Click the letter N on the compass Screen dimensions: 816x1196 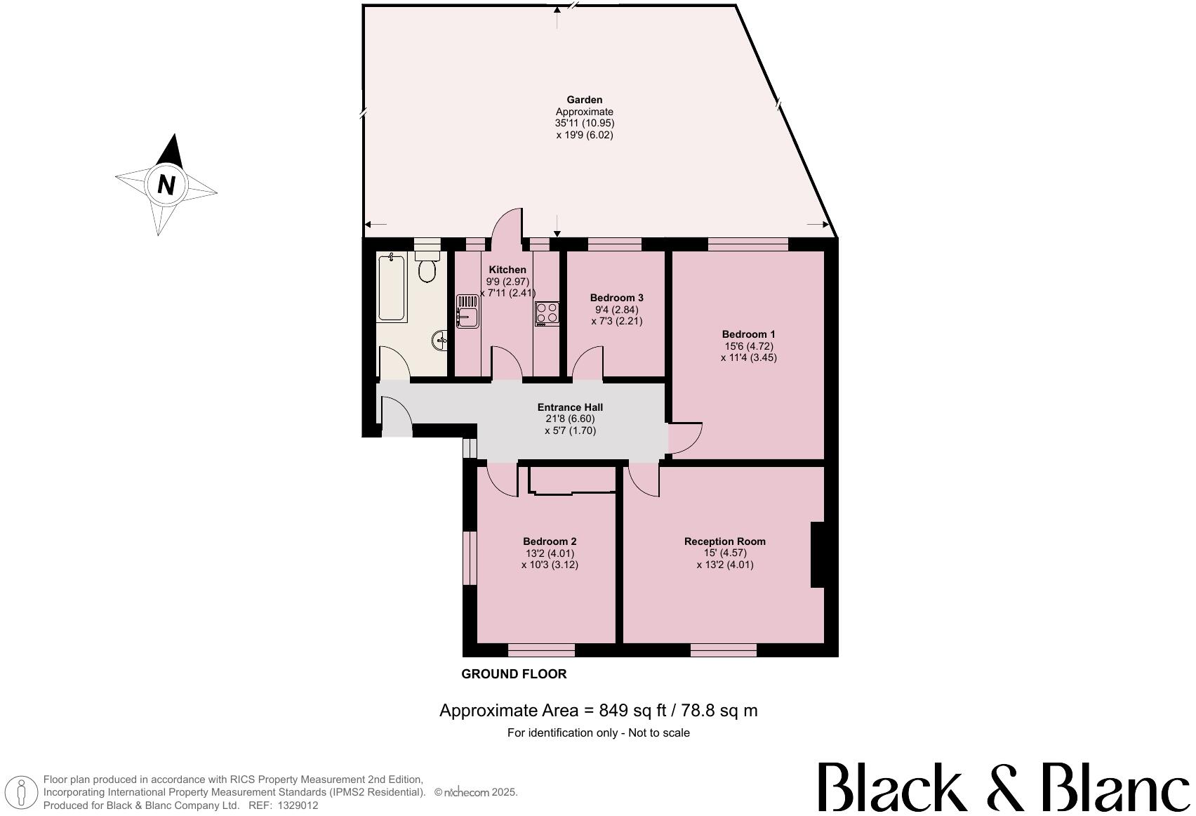pyautogui.click(x=166, y=185)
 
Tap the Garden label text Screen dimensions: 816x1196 pyautogui.click(x=584, y=100)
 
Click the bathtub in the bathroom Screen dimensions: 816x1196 pyautogui.click(x=392, y=288)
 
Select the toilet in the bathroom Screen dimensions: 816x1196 pyautogui.click(x=427, y=268)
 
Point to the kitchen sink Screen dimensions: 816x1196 pyautogui.click(x=467, y=311)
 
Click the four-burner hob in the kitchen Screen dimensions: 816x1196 pyautogui.click(x=547, y=312)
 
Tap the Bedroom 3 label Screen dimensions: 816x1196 pyautogui.click(x=616, y=298)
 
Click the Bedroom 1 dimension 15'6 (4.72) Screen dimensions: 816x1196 pyautogui.click(x=749, y=346)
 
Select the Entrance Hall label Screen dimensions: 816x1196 pyautogui.click(x=570, y=407)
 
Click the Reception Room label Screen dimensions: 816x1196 pyautogui.click(x=724, y=541)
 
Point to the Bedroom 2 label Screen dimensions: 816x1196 pyautogui.click(x=550, y=541)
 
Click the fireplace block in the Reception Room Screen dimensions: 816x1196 pyautogui.click(x=818, y=554)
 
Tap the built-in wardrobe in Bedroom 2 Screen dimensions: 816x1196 pyautogui.click(x=571, y=480)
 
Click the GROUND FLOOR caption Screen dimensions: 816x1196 pyautogui.click(x=514, y=674)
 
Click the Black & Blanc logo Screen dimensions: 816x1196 pyautogui.click(x=1004, y=787)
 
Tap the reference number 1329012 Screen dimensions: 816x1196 pyautogui.click(x=298, y=805)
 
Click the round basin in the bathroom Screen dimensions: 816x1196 pyautogui.click(x=441, y=341)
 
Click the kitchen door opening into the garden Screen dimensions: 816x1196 pyautogui.click(x=507, y=228)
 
